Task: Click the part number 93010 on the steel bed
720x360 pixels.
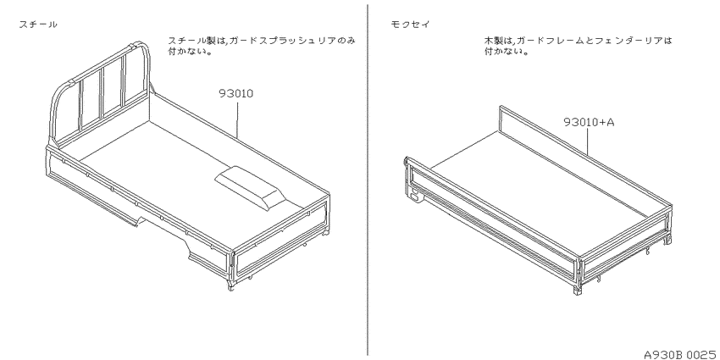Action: point(236,94)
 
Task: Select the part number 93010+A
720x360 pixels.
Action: point(589,122)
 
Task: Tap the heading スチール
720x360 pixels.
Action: point(38,25)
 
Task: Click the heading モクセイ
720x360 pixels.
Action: point(410,25)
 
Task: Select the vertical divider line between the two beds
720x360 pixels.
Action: point(368,180)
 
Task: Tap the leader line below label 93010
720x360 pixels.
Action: point(237,119)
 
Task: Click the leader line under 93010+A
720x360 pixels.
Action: point(589,141)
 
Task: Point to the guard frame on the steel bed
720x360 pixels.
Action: point(100,91)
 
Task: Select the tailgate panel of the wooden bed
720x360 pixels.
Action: point(625,249)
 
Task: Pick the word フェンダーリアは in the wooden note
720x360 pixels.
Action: point(630,41)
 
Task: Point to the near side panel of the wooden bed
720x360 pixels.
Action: point(492,217)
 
